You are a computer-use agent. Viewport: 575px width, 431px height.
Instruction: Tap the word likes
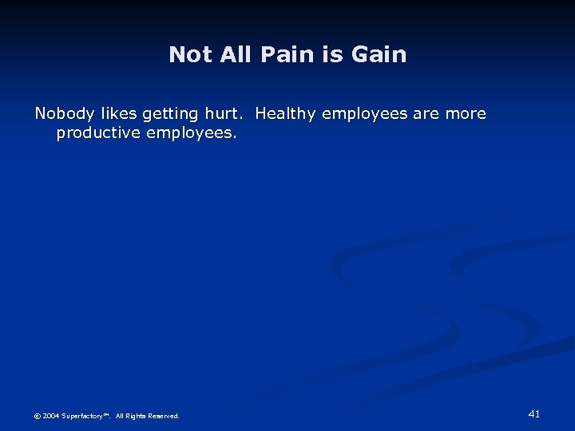(115, 113)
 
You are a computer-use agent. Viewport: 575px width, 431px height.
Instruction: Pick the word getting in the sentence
(172, 114)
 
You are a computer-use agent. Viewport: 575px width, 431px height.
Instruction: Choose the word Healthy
(286, 114)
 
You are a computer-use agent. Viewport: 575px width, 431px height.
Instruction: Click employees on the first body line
(364, 114)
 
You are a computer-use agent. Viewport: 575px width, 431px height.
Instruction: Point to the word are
(426, 113)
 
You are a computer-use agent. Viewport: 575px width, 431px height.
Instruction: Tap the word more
(466, 113)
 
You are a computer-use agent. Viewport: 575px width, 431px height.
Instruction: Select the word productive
(99, 133)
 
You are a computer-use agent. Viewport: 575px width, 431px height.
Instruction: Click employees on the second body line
(191, 133)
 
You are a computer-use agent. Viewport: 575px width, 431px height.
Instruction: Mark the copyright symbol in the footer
(38, 416)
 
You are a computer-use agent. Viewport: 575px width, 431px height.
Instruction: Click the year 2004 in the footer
(50, 416)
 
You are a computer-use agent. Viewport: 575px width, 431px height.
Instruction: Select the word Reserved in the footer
(164, 416)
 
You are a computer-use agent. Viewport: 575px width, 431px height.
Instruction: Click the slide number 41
(534, 413)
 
